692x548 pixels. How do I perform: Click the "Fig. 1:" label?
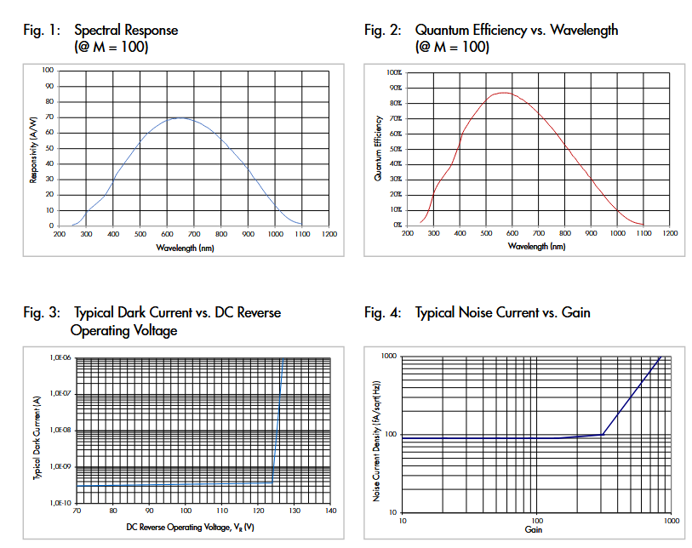[x=42, y=31]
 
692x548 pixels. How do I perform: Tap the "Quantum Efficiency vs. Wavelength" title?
[x=517, y=31]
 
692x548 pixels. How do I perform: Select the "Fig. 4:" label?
[x=382, y=313]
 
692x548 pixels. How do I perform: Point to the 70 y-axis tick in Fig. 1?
[x=49, y=117]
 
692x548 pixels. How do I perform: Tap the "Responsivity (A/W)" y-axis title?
[x=35, y=148]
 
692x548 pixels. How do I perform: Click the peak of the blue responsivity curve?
[x=181, y=117]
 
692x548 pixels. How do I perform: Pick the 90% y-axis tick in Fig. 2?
[x=395, y=88]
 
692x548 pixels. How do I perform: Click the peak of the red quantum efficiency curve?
[x=503, y=92]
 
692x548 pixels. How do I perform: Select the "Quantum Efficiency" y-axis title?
[x=378, y=149]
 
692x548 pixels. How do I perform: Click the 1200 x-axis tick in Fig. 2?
[x=670, y=232]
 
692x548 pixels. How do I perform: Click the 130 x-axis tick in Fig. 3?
[x=295, y=511]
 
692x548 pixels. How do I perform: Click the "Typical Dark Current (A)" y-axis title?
[x=37, y=431]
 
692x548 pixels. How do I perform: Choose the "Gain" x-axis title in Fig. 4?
[x=534, y=529]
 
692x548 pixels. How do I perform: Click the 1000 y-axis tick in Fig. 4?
[x=389, y=356]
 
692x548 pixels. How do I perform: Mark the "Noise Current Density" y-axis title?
[x=377, y=434]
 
